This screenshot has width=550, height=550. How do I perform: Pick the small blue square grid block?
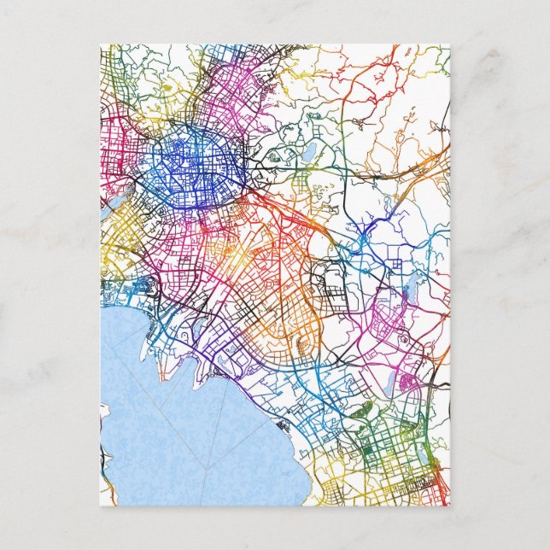[x=395, y=265]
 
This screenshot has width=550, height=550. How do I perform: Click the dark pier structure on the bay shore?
[x=282, y=424]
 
